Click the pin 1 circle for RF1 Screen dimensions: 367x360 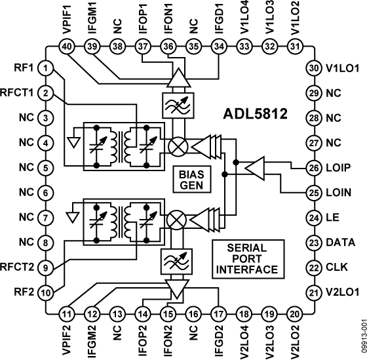[x=46, y=68]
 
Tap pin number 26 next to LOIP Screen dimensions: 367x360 [x=314, y=168]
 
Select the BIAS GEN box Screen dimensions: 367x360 [x=191, y=180]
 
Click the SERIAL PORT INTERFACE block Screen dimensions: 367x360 [x=248, y=259]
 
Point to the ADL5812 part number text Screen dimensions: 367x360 [x=255, y=114]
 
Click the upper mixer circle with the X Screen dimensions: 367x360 [x=178, y=147]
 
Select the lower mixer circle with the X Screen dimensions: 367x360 [x=176, y=220]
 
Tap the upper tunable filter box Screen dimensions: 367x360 [x=178, y=106]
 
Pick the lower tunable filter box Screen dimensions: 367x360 [x=176, y=262]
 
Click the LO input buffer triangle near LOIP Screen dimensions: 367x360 [x=255, y=169]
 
